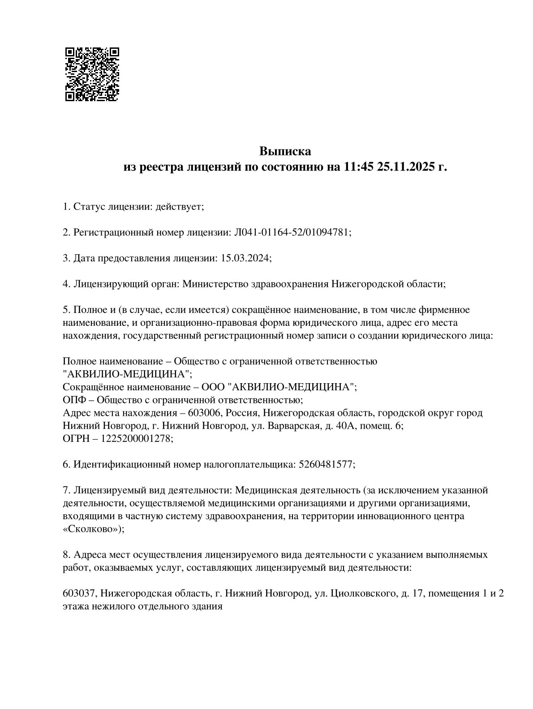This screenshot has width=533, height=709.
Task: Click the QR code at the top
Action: click(x=93, y=74)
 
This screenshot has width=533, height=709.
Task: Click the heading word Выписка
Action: click(x=285, y=151)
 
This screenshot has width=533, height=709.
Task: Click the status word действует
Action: click(x=179, y=207)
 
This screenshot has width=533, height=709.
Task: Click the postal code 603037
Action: click(x=78, y=594)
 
